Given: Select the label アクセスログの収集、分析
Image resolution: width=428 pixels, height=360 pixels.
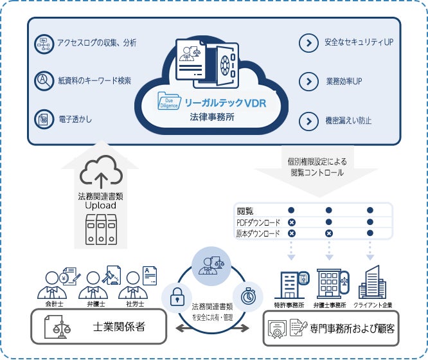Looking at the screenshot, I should coord(97,43).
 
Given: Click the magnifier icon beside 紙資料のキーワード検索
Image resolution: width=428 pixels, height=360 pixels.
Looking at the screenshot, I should coord(43,80).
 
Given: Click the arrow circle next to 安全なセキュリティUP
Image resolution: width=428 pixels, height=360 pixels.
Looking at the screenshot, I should coord(308,44).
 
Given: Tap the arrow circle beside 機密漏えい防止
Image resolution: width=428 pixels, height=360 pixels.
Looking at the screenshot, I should coord(308,120).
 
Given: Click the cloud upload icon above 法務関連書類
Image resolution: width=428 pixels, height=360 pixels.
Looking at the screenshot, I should coord(102,171).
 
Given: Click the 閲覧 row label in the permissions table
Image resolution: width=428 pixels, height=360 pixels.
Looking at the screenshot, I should coord(245,210).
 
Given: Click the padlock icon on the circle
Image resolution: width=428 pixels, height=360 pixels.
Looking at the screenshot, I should coord(177,297).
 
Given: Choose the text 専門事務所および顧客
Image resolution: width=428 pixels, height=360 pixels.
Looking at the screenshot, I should coord(352,328).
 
